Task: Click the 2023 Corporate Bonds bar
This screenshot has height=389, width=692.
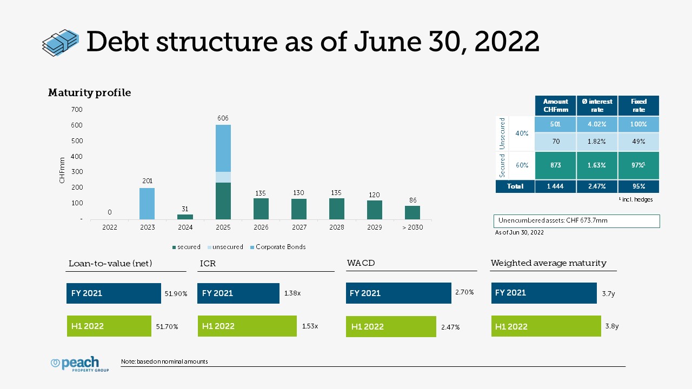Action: (x=147, y=204)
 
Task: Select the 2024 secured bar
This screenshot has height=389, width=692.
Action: (x=185, y=217)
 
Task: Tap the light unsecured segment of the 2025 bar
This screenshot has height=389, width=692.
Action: (x=223, y=177)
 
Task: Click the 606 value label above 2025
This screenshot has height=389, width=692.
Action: (x=223, y=118)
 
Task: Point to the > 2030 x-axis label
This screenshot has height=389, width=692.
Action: (x=412, y=227)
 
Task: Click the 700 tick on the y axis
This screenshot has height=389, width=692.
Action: (x=77, y=109)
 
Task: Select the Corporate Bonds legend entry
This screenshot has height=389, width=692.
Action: (x=278, y=247)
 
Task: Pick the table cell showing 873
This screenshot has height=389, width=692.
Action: (x=555, y=165)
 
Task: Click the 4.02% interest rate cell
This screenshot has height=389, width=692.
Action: (x=597, y=124)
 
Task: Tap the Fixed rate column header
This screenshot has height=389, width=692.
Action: (x=638, y=105)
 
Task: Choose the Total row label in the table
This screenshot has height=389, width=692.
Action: (x=515, y=186)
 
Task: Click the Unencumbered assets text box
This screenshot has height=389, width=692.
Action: (x=576, y=221)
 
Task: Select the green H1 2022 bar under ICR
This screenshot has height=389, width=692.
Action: (x=247, y=326)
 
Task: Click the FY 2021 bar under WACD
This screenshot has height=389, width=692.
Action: (x=398, y=293)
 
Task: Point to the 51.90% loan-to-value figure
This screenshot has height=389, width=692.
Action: (x=176, y=293)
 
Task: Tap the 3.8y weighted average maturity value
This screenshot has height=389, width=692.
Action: (x=611, y=326)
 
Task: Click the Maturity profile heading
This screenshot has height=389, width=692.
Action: (x=89, y=92)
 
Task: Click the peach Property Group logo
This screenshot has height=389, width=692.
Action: (x=79, y=364)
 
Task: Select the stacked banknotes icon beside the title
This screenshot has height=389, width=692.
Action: (x=61, y=43)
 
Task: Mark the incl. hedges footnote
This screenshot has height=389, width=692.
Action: (x=636, y=199)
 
